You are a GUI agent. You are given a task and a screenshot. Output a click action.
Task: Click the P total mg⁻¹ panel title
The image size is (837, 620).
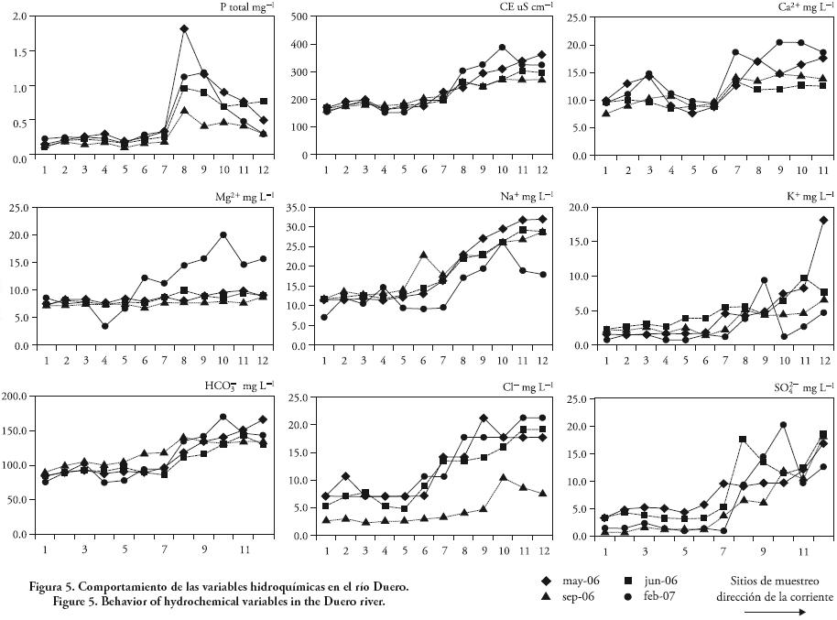(x=240, y=7)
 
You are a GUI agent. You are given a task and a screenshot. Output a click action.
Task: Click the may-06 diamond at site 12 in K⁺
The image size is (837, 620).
(x=824, y=220)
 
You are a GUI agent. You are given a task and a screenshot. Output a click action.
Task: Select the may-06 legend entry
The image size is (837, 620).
(x=573, y=581)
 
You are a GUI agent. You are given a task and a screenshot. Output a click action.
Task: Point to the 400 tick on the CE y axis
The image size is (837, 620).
(x=301, y=44)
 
